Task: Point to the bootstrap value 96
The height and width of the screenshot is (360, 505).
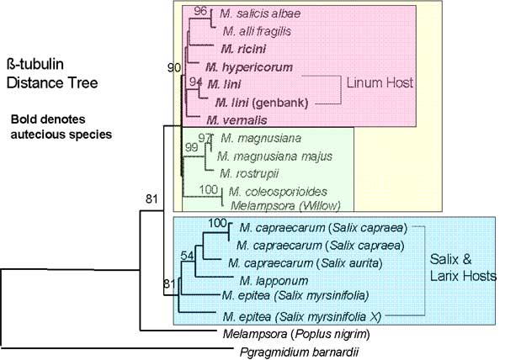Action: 199,11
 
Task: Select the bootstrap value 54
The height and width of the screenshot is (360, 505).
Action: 187,255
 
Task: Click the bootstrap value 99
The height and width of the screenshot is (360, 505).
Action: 191,148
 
